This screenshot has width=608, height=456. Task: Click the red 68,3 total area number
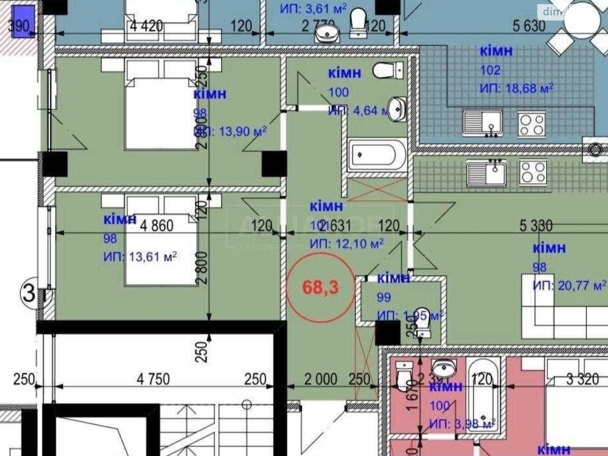(320, 288)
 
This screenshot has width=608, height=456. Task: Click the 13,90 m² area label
(230, 131)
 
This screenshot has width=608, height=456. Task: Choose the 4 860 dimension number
(157, 226)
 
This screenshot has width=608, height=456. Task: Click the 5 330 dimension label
(536, 226)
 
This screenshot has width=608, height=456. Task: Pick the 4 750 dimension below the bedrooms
(153, 379)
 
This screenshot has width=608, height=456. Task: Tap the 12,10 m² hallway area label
(347, 243)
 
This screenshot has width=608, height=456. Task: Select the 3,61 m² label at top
(313, 8)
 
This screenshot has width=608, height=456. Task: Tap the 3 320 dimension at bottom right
(582, 379)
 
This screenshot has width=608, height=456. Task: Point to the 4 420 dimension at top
(146, 27)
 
